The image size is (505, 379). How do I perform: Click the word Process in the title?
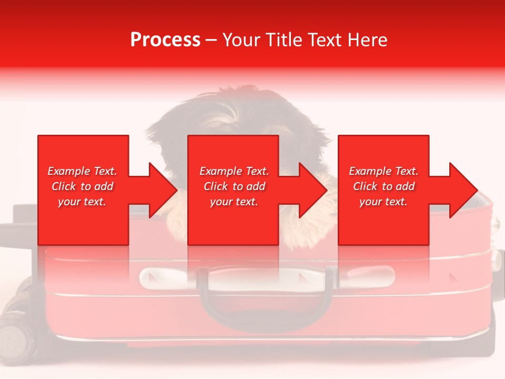click(165, 40)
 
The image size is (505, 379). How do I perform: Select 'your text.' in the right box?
click(383, 202)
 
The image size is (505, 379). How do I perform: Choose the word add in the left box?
click(104, 186)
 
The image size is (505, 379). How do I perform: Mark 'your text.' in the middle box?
click(234, 202)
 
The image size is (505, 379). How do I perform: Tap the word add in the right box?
click(405, 186)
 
